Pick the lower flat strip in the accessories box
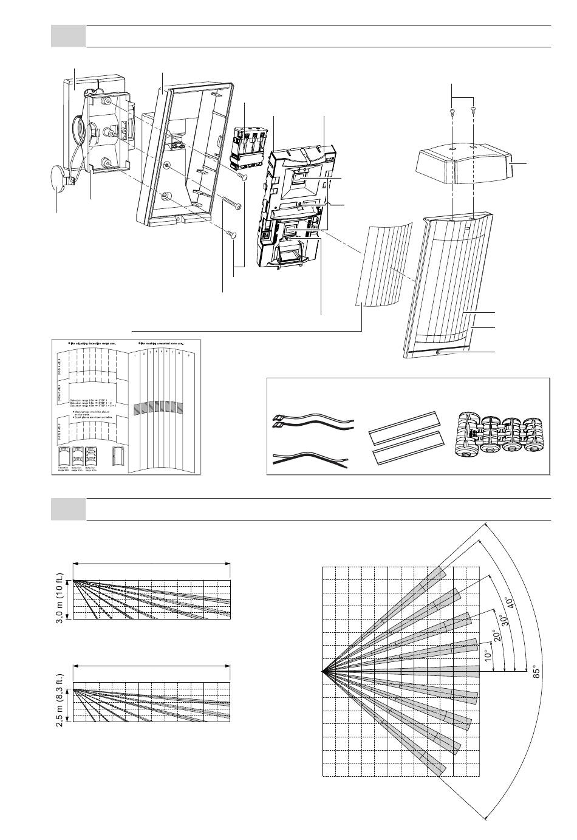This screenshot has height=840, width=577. pyautogui.click(x=406, y=447)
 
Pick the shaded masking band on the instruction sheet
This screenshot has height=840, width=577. pyautogui.click(x=157, y=407)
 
